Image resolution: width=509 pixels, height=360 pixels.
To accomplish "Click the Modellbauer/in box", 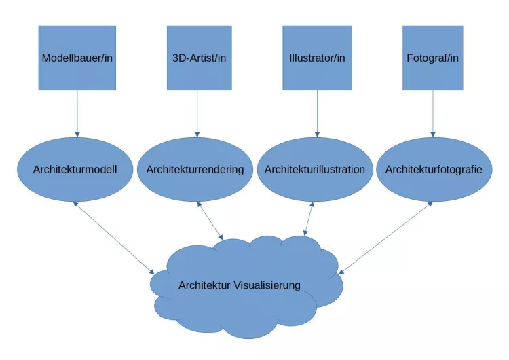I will pos(77,58).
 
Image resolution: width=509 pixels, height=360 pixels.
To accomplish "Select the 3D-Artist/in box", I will pos(199,58).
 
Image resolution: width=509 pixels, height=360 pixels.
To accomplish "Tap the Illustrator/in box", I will pos(317,58).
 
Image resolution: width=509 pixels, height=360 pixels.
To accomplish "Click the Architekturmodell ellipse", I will pos(76,169).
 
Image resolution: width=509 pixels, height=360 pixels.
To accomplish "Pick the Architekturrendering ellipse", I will pos(195,169).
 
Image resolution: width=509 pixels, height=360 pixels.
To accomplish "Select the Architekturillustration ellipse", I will pos(315,169).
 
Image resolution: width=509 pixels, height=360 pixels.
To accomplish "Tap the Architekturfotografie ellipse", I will pos(434,169).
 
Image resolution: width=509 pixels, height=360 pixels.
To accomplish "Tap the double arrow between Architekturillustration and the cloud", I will pos(309,219).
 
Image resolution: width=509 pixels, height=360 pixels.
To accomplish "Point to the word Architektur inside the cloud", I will pos(204,285).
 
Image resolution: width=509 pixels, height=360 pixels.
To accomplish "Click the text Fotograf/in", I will pos(432,58).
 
